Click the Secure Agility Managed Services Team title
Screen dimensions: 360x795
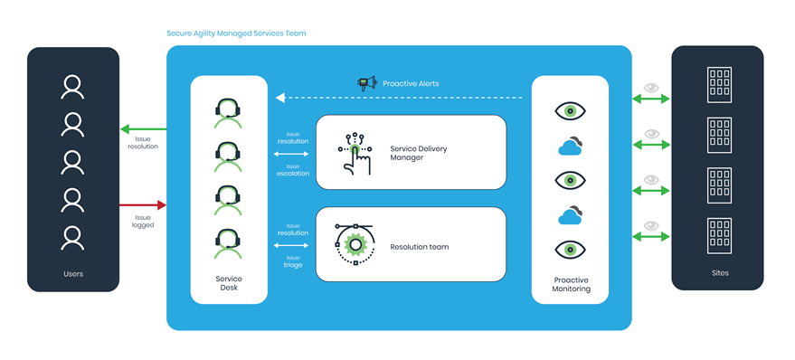coord(236,33)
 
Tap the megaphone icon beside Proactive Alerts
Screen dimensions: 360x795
coord(366,83)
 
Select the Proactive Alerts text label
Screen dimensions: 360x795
coord(411,84)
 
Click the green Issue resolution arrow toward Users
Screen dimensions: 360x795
coord(143,129)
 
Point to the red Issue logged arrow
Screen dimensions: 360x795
coord(143,205)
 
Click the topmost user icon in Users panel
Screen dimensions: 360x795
coord(72,88)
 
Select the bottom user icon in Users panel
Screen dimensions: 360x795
coord(72,238)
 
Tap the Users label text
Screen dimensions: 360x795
coord(72,273)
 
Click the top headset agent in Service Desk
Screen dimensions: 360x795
coord(229,111)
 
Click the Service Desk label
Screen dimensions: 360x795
coord(229,283)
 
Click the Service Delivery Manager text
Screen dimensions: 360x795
coord(418,153)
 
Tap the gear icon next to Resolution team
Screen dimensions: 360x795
coord(355,244)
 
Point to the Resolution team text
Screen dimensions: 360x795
coord(419,246)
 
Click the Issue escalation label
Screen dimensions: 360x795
coord(293,170)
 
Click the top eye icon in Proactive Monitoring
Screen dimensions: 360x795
coord(570,111)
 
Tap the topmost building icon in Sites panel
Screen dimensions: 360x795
coord(719,85)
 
